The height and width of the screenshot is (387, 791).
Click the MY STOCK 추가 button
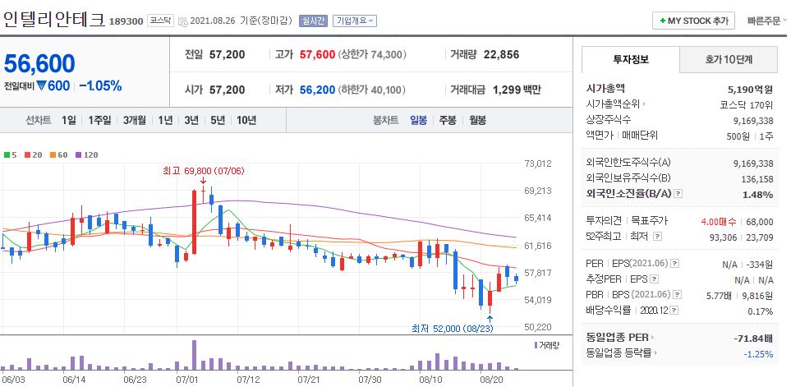coord(693,21)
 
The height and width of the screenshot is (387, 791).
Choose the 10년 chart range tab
coord(246,120)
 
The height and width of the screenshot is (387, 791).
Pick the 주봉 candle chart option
coord(447,120)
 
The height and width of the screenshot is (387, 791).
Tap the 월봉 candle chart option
coord(477,120)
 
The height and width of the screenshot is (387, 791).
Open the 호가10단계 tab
coord(729,60)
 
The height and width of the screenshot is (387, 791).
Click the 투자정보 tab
coord(630,60)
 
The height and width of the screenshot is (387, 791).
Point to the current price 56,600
coord(39,63)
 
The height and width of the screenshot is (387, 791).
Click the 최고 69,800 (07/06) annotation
coord(202,170)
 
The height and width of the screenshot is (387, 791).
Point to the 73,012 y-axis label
coord(537,164)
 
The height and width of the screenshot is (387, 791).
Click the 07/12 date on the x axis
coord(248,380)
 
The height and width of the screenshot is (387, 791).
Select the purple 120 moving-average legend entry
coord(86,154)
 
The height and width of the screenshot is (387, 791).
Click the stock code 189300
coord(126,21)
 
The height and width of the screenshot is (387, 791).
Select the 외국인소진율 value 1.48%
coord(756,195)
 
